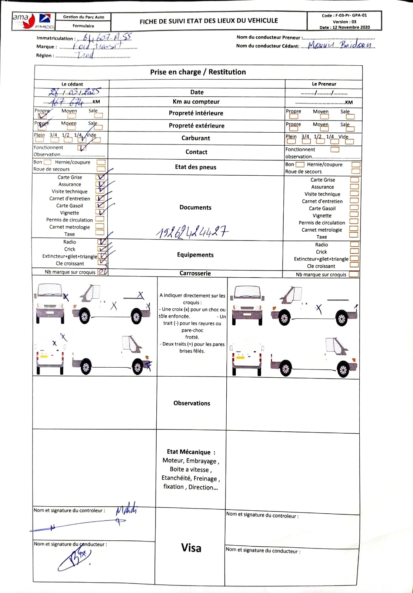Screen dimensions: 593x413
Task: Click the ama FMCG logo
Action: [x=33, y=21]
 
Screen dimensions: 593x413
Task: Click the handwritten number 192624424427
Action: [x=192, y=232]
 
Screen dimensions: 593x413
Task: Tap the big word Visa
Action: [x=191, y=548]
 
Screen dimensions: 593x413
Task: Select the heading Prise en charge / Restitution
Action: [x=198, y=72]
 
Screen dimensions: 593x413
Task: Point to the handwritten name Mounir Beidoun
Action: [x=341, y=45]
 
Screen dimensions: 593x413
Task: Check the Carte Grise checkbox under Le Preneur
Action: [x=354, y=180]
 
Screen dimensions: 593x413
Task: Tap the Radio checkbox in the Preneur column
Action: [x=354, y=245]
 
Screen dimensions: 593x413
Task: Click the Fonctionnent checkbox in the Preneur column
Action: [x=334, y=149]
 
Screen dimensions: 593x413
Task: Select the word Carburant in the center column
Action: [x=196, y=138]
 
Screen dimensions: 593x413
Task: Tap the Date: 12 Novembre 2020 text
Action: [x=344, y=27]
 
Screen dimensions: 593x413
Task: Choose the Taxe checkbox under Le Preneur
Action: [x=354, y=235]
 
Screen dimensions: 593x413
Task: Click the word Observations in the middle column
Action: [x=191, y=403]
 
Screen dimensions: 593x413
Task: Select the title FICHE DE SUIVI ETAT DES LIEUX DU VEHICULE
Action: [x=209, y=21]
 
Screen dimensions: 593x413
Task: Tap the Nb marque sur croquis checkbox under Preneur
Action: [x=353, y=275]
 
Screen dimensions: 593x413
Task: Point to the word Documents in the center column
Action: [x=195, y=208]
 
